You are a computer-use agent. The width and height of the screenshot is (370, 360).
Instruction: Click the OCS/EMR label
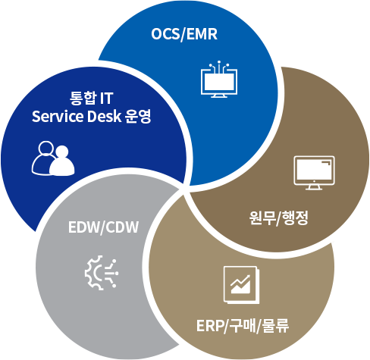coord(184,34)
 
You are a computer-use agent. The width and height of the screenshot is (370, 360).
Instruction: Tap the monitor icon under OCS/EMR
coord(219,79)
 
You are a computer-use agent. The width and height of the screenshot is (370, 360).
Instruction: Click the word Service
coord(58,117)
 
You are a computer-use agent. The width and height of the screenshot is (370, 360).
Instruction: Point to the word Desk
coord(104,117)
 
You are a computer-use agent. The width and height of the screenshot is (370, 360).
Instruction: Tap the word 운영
coord(138,117)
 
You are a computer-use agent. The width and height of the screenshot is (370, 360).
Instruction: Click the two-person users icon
coord(53,158)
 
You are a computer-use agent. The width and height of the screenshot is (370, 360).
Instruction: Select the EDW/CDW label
coord(103,227)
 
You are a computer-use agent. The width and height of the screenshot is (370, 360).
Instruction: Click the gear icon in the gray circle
coord(102,273)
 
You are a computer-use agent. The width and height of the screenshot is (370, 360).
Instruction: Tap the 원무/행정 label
coord(278,218)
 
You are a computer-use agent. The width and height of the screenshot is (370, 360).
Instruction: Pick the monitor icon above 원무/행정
coord(314,173)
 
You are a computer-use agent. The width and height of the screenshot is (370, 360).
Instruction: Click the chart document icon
coord(241,285)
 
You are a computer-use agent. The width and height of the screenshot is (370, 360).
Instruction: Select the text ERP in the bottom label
coord(209,326)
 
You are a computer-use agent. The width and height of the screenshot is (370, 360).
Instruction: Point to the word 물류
coord(275,326)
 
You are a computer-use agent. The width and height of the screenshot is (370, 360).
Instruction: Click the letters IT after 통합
coord(106,99)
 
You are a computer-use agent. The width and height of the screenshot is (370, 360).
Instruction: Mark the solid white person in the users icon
coord(62,161)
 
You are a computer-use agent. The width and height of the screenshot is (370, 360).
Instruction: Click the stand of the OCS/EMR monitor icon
coord(219,95)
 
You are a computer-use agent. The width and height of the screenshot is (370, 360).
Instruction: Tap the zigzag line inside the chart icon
coord(240,282)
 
